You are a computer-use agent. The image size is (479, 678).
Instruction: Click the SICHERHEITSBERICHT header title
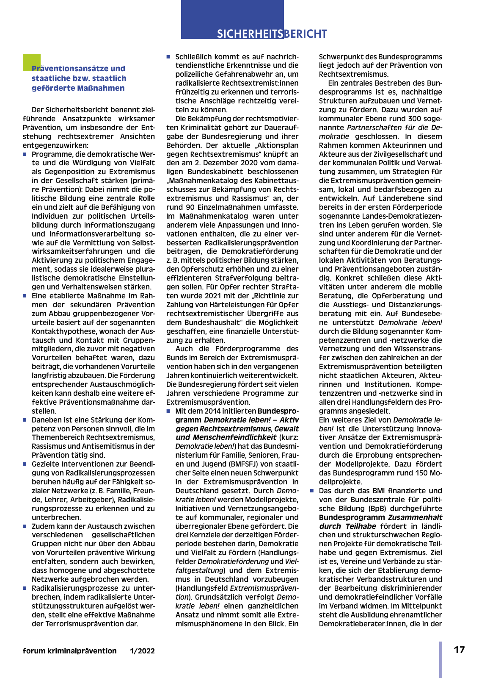pyautogui.click(x=272, y=34)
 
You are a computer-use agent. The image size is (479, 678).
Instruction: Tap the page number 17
pyautogui.click(x=459, y=650)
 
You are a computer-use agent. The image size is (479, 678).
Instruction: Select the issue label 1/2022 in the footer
pyautogui.click(x=143, y=651)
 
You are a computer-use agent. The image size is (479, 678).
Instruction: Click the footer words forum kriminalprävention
pyautogui.click(x=70, y=651)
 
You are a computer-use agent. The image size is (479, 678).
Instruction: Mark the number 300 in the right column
pyautogui.click(x=415, y=119)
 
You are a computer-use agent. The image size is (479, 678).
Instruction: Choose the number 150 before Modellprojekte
pyautogui.click(x=423, y=473)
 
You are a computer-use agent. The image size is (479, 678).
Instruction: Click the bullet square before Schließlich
pyautogui.click(x=168, y=56)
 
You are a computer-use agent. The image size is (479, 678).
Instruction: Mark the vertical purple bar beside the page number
pyautogui.click(x=440, y=659)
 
